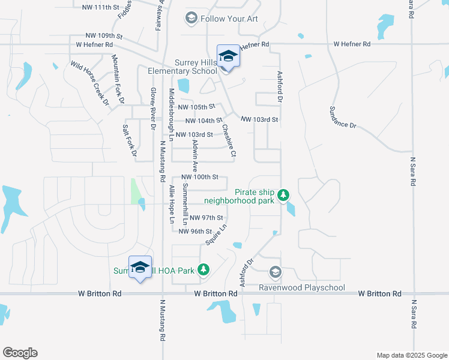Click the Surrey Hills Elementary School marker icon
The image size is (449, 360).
[228, 57]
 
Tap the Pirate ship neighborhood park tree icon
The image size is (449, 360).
[284, 195]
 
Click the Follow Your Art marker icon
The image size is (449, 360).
[191, 19]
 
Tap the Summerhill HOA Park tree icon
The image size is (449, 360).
[204, 271]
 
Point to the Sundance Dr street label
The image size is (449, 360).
[343, 117]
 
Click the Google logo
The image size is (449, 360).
[20, 353]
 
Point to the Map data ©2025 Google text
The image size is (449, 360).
[411, 355]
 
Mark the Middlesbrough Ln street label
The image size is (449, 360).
[171, 115]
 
